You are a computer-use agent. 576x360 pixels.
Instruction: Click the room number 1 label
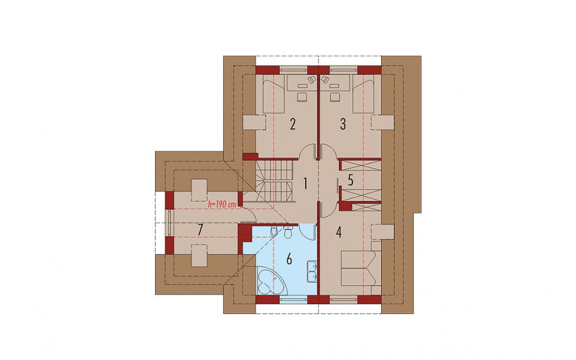coord(305,183)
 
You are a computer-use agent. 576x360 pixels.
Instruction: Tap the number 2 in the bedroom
coord(292,124)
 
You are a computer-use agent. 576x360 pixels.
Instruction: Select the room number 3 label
coord(343,124)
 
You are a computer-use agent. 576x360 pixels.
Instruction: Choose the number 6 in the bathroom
coord(289,259)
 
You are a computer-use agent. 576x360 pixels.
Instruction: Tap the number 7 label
coord(200,230)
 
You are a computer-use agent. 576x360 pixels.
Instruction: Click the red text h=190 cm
coord(222,204)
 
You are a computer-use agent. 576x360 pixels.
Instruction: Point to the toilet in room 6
coord(288,232)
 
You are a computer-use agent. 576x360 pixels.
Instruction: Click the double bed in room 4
coord(362,268)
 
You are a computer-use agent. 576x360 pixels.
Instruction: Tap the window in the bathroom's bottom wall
coord(294,299)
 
